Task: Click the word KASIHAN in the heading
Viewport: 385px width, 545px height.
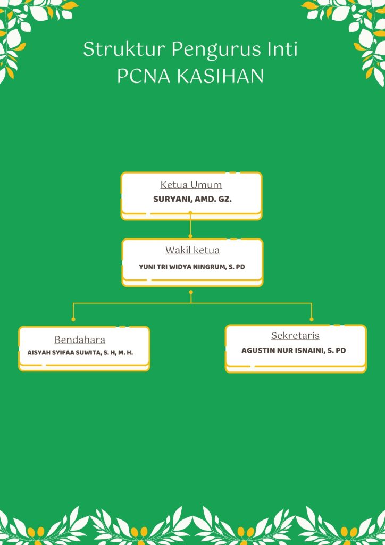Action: pyautogui.click(x=221, y=76)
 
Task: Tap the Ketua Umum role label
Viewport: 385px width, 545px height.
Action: pyautogui.click(x=191, y=185)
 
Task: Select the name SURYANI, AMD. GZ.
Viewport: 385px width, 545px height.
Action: pyautogui.click(x=192, y=200)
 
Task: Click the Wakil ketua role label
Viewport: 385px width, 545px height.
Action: pyautogui.click(x=192, y=250)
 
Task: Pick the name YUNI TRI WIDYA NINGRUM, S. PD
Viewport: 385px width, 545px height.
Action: pyautogui.click(x=192, y=267)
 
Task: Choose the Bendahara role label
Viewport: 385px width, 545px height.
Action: pyautogui.click(x=80, y=340)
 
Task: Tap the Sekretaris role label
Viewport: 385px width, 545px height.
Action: pyautogui.click(x=295, y=336)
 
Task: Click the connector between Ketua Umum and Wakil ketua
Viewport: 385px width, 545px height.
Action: pyautogui.click(x=190, y=224)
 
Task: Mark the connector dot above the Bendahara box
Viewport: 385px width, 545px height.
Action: pyautogui.click(x=73, y=319)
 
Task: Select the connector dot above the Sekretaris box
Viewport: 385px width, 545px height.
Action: pyautogui.click(x=312, y=319)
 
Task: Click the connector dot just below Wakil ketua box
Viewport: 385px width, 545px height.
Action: pyautogui.click(x=191, y=292)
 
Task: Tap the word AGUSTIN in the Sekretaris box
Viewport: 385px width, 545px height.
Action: pyautogui.click(x=256, y=350)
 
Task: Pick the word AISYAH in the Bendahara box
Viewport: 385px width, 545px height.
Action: pyautogui.click(x=37, y=353)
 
